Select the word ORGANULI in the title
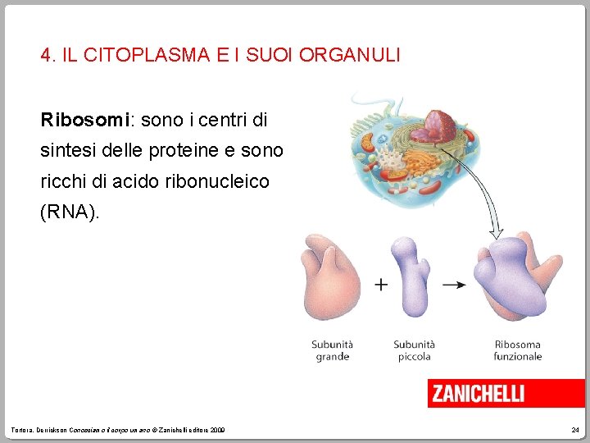tap(350, 56)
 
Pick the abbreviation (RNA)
tap(70, 212)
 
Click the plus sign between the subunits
tap(381, 285)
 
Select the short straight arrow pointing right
tap(454, 285)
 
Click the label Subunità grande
tap(332, 350)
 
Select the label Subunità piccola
tap(414, 350)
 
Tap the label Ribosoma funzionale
tap(517, 350)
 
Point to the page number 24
tap(574, 431)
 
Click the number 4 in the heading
tap(47, 56)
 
